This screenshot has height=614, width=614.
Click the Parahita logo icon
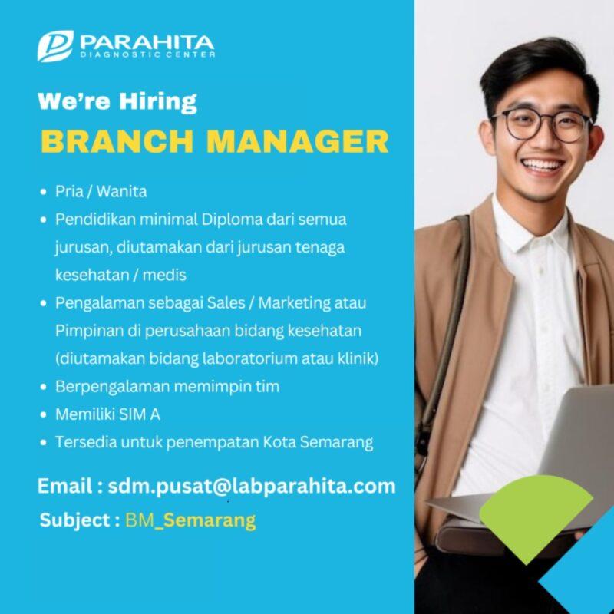[55, 46]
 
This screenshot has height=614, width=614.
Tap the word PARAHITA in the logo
[147, 41]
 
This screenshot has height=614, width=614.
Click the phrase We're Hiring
[117, 101]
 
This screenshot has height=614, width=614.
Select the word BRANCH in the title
[110, 142]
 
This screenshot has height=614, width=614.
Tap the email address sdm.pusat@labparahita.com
[252, 486]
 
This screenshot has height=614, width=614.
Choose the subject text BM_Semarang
[190, 520]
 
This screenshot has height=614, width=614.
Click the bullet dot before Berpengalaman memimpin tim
[44, 387]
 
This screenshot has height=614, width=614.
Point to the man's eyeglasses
[541, 124]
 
